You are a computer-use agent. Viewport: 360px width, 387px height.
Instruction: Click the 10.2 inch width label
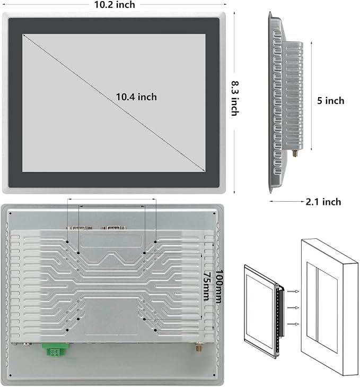pos(115,5)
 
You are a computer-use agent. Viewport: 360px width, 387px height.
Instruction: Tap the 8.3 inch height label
pos(235,98)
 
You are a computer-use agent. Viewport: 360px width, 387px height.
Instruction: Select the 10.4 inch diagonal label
pos(136,97)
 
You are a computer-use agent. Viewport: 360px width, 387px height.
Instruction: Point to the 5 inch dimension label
pos(330,101)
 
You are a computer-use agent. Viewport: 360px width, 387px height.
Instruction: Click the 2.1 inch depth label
pos(323,202)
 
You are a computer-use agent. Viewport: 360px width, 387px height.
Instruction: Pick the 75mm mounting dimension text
pos(207,286)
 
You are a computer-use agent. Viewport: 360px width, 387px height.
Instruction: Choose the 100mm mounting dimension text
pos(219,286)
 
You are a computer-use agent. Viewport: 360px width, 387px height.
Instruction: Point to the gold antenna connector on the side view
pos(295,153)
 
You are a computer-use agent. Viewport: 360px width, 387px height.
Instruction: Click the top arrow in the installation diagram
pos(293,291)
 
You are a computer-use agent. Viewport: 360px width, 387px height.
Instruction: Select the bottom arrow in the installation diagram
pos(293,324)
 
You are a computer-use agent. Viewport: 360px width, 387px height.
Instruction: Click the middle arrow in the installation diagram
pos(293,308)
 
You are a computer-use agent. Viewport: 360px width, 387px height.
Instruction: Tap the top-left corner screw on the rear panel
pos(11,214)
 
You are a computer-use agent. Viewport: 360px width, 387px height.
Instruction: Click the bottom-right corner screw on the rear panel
pos(214,376)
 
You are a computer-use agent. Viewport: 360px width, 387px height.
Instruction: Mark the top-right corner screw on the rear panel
pos(214,214)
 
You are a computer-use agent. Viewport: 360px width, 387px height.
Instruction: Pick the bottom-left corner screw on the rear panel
pos(11,376)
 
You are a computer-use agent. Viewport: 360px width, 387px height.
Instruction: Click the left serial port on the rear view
pos(80,228)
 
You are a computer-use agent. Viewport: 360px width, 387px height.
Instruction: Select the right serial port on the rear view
pos(113,228)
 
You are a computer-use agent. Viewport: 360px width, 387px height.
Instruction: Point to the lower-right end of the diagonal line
pos(205,171)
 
